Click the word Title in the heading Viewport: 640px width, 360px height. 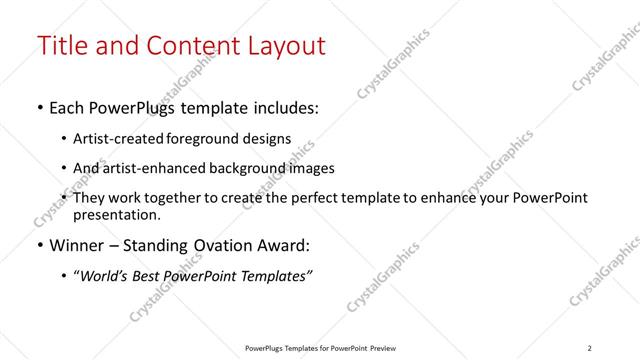pos(62,46)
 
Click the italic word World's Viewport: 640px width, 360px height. pos(106,276)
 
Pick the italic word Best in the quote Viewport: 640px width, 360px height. pos(152,276)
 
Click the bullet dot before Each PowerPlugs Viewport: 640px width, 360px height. pos(39,108)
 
